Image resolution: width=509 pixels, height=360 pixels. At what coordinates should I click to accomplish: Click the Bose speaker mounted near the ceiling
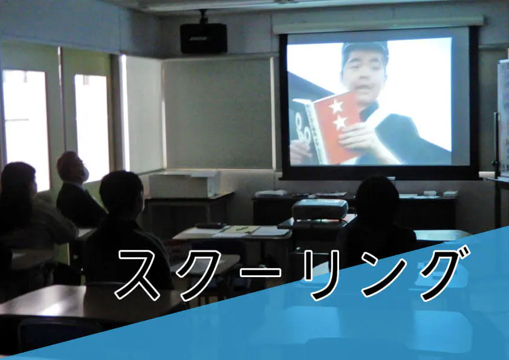point(204,38)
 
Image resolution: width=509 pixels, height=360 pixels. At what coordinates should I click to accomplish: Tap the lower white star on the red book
point(340,122)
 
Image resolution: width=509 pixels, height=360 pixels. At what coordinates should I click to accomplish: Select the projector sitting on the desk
point(320,209)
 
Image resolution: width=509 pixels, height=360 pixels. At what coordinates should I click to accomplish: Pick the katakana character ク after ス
point(201,275)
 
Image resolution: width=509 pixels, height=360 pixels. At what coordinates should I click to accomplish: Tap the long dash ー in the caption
point(261,272)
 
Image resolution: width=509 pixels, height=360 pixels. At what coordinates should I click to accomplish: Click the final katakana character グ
point(443,273)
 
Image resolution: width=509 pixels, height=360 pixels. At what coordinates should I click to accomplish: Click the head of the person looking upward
point(72,166)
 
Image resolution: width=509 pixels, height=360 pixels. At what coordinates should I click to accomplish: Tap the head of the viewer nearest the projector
point(377,199)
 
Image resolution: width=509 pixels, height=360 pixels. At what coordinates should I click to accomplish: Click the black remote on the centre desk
point(210,225)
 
